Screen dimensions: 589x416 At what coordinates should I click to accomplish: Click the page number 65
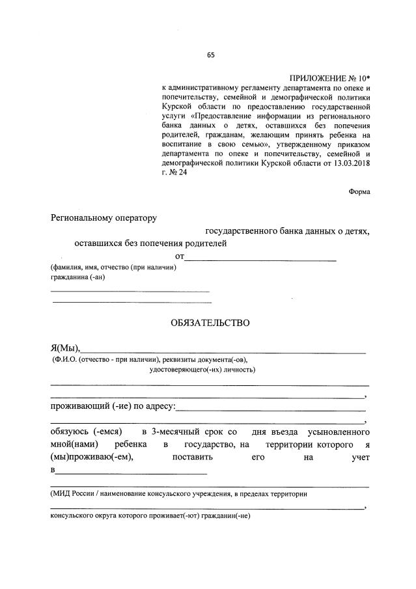pyautogui.click(x=210, y=55)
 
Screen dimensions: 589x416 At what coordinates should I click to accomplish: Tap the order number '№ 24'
pyautogui.click(x=178, y=173)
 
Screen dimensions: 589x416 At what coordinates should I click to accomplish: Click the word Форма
pyautogui.click(x=359, y=191)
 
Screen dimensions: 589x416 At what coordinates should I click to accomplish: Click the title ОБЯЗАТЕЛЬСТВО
pyautogui.click(x=210, y=322)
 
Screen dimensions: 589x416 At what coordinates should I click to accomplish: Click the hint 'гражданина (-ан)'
pyautogui.click(x=77, y=277)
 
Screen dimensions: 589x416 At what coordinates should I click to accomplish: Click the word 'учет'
pyautogui.click(x=358, y=458)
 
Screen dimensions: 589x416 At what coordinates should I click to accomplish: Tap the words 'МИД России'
pyautogui.click(x=74, y=494)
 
